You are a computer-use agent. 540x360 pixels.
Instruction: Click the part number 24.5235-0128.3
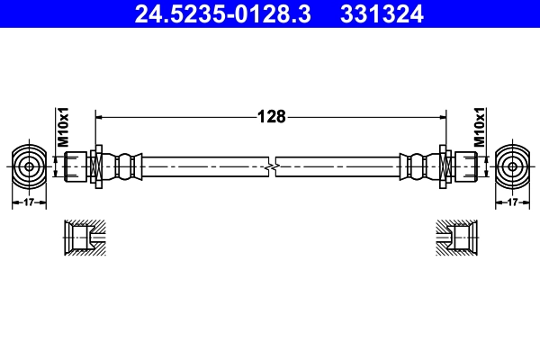click(x=221, y=14)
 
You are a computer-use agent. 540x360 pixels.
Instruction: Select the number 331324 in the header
click(x=382, y=14)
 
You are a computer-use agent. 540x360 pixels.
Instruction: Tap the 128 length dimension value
click(x=271, y=116)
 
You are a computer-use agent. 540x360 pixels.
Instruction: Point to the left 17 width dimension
click(x=29, y=202)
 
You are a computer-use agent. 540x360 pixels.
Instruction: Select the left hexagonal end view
click(x=29, y=166)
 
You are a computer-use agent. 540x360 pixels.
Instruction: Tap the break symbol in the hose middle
click(x=272, y=166)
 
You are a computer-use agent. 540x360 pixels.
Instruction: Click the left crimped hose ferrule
click(x=126, y=166)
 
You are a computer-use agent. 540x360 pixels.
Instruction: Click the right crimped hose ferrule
click(x=416, y=166)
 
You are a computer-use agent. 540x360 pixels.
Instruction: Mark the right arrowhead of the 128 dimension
click(x=442, y=116)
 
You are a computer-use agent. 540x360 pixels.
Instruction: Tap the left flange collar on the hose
click(x=98, y=166)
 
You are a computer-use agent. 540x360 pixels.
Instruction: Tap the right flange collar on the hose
click(x=444, y=166)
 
